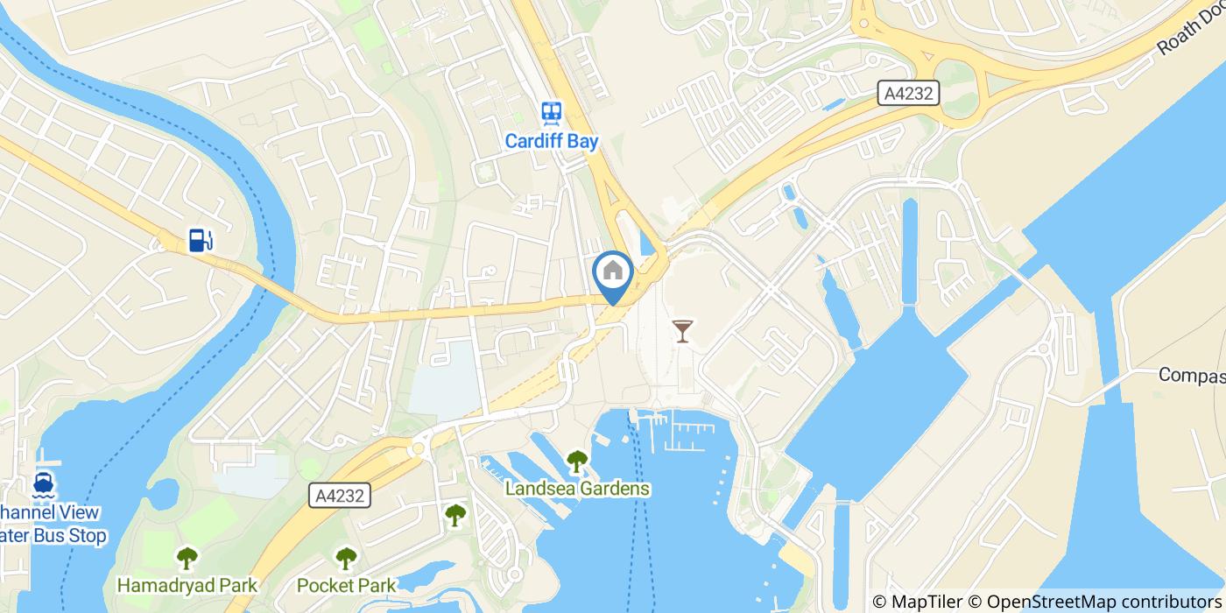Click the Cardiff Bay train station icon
[552, 112]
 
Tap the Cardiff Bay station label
[552, 141]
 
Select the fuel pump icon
[201, 239]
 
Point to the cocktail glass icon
[682, 331]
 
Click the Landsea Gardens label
[577, 489]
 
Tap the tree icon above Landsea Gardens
[577, 461]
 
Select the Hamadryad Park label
[187, 584]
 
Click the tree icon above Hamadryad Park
[187, 557]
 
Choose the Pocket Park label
[347, 584]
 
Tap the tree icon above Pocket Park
[347, 557]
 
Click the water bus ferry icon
[42, 483]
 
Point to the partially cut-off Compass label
[1191, 375]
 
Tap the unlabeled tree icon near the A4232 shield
[455, 516]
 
